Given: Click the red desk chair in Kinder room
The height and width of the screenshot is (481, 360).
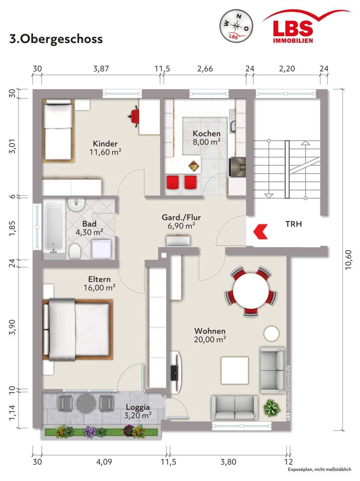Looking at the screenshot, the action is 133,116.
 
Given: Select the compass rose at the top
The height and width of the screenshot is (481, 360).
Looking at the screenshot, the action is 236,26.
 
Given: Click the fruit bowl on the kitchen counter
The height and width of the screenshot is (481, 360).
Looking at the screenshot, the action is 194,166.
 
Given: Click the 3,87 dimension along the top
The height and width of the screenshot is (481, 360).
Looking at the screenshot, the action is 101,69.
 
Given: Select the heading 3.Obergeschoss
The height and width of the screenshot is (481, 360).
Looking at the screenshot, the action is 56,39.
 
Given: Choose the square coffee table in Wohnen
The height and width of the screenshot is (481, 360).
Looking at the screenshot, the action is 235,370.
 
